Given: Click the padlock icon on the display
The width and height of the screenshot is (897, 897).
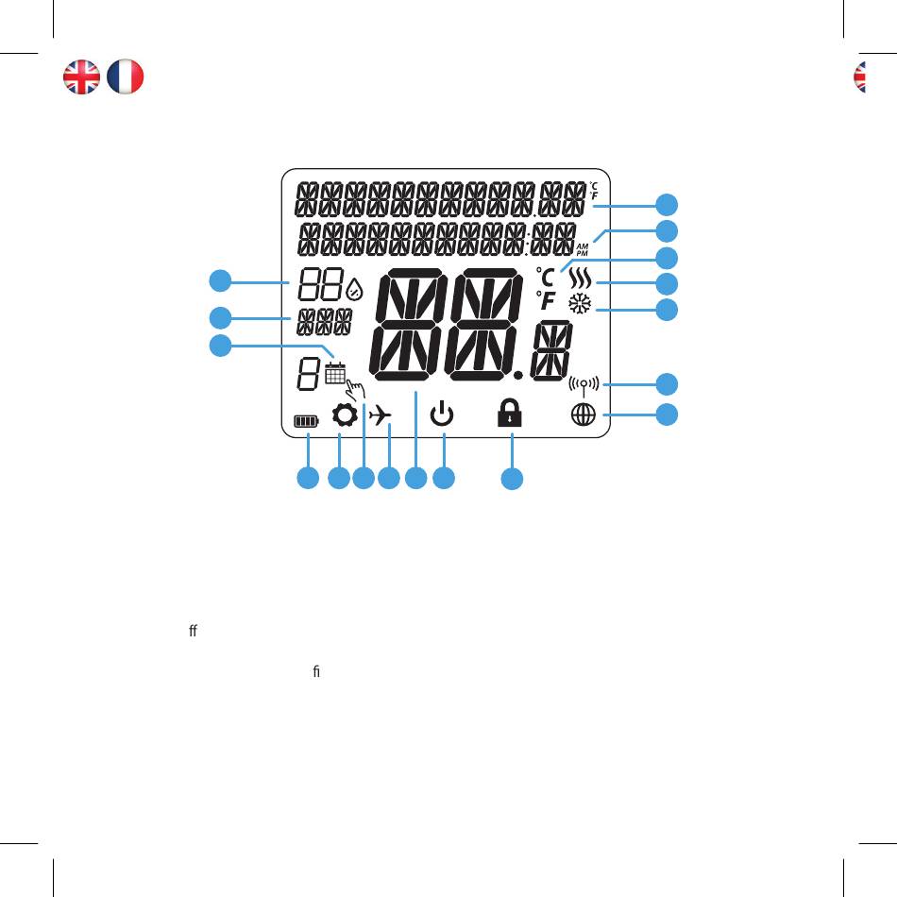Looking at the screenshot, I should coord(511,414).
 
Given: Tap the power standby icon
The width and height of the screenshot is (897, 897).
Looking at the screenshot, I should coord(442,415).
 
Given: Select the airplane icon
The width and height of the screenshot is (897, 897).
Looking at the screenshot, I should coord(381,415).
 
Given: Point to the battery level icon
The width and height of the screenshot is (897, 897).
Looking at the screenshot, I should coord(306,422).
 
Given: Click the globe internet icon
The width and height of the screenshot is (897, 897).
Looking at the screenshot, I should coord(583,415).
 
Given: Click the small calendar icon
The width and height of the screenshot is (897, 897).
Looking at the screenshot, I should coord(334,372).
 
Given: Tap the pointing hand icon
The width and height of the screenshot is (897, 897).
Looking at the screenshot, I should coord(355,390).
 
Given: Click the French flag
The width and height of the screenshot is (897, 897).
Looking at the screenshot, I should coord(126,76).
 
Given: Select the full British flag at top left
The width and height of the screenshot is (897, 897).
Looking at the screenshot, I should coord(81,76).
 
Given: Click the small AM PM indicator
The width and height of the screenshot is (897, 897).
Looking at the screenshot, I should coord(582,247).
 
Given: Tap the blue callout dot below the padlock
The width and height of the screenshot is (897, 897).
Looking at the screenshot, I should coord(511,480).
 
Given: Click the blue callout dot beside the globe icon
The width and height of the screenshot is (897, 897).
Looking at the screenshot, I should coord(668,415).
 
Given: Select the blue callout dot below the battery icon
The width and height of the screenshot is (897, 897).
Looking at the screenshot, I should coord(307,480).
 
